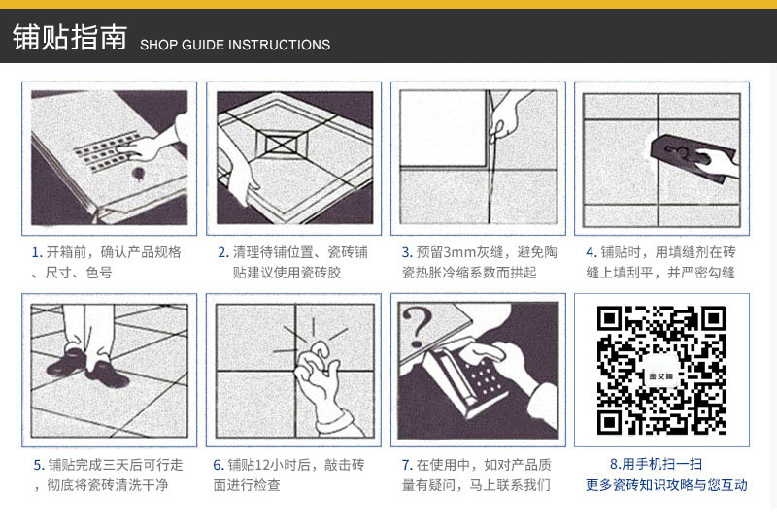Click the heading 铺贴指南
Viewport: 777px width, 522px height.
[x=69, y=38]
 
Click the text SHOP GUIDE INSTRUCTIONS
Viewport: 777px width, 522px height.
[x=235, y=45]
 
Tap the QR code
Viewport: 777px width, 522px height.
[x=661, y=370]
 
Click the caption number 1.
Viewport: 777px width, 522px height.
[x=36, y=252]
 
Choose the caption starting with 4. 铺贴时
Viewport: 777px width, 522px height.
[x=660, y=262]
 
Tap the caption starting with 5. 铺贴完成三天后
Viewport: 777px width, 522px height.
[x=108, y=473]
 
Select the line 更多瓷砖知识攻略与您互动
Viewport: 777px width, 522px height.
[x=666, y=485]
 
